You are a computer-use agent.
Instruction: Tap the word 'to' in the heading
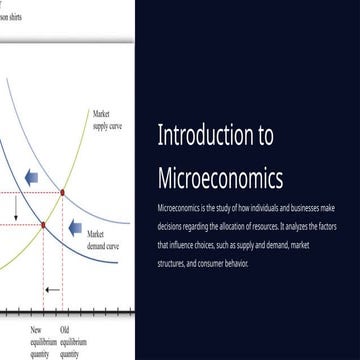click(x=261, y=138)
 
